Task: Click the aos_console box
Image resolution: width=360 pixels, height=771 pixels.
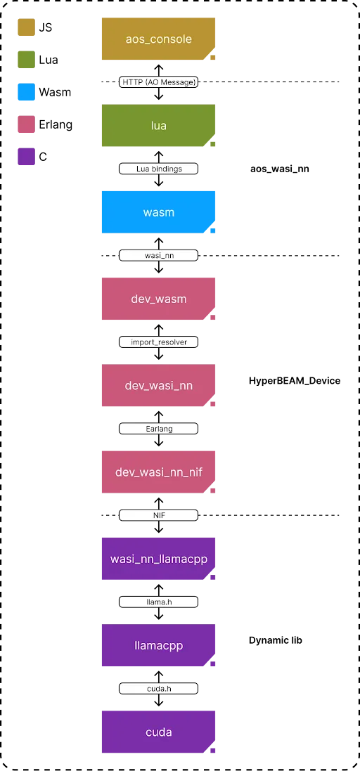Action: (158, 39)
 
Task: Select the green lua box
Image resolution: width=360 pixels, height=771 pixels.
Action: (158, 125)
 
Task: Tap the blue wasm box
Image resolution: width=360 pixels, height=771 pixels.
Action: (158, 212)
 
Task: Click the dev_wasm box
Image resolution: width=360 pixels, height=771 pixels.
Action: (158, 299)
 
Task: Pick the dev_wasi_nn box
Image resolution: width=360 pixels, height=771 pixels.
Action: (158, 385)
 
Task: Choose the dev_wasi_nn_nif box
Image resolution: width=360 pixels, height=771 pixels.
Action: (158, 472)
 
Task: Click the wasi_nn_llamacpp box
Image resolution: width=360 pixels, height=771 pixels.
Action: (158, 559)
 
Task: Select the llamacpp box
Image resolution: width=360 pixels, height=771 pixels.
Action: (158, 645)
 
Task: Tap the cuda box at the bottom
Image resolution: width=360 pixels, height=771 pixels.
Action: (158, 732)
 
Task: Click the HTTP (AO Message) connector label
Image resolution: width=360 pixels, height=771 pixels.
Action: (158, 82)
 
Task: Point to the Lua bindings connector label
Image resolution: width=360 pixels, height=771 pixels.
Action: (158, 169)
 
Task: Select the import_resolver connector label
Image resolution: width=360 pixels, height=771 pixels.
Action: (158, 342)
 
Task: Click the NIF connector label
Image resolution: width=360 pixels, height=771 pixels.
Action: (158, 514)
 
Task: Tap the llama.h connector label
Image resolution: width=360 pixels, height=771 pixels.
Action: (158, 602)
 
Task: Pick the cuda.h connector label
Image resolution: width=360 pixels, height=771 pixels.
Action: (158, 688)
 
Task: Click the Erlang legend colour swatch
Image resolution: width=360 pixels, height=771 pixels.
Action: (26, 124)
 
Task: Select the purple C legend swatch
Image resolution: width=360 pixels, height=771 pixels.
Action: (26, 157)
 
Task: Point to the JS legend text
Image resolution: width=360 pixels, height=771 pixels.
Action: (45, 27)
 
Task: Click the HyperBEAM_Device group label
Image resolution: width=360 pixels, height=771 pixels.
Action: (295, 381)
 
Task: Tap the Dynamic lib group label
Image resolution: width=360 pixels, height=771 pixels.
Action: (276, 640)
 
